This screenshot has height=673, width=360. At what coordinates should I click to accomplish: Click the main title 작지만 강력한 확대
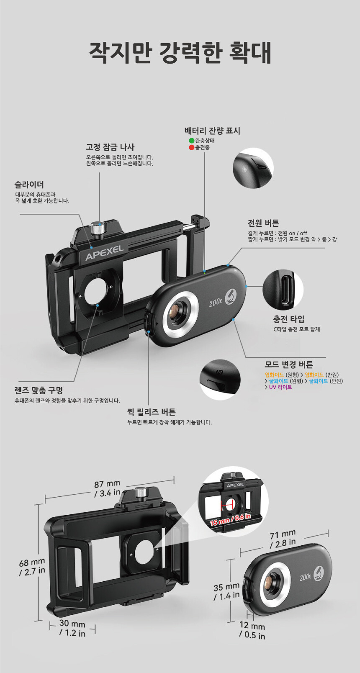(x=180, y=53)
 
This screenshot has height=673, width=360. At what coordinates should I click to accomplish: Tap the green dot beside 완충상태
(x=191, y=141)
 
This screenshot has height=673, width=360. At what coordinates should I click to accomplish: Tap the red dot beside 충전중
(x=191, y=147)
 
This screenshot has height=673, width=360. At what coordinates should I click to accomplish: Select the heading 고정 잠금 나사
(x=110, y=147)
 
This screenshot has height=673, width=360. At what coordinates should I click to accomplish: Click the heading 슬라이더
(x=29, y=185)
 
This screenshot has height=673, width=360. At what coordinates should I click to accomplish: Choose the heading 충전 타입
(x=288, y=319)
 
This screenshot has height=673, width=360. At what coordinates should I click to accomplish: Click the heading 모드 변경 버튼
(x=289, y=365)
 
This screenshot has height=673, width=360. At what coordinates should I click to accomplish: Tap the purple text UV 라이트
(x=280, y=387)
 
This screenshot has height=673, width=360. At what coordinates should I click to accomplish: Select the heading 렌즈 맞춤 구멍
(x=39, y=390)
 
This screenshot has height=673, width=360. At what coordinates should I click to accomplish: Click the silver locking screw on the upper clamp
(x=97, y=229)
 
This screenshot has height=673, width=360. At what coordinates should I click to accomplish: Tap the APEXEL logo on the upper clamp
(x=104, y=253)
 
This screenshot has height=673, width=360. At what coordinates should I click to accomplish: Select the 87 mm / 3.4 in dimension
(x=107, y=488)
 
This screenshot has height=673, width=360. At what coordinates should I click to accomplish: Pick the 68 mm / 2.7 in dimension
(x=32, y=567)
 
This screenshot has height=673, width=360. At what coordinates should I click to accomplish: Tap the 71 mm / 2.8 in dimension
(x=283, y=539)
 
